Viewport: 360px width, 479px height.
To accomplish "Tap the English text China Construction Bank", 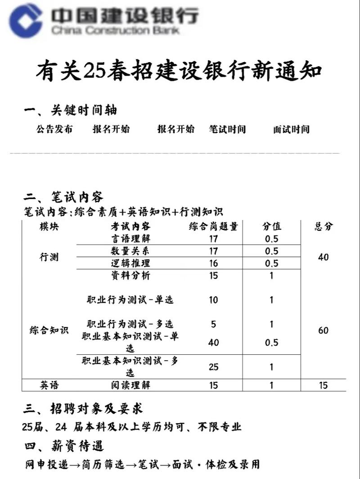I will pyautogui.click(x=115, y=31).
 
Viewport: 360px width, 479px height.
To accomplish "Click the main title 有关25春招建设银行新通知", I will pyautogui.click(x=179, y=71).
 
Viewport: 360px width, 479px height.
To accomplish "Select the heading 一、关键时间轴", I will pyautogui.click(x=71, y=110).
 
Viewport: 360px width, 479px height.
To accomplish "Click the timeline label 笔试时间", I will pyautogui.click(x=227, y=130).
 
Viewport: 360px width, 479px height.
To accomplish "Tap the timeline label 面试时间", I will pyautogui.click(x=291, y=130).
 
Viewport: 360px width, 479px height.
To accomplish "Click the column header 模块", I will pyautogui.click(x=49, y=226).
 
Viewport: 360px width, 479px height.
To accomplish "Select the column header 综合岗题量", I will pyautogui.click(x=213, y=226).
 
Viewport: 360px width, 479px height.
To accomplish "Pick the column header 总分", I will pyautogui.click(x=324, y=226).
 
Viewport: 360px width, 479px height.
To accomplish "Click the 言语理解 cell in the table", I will pyautogui.click(x=130, y=239).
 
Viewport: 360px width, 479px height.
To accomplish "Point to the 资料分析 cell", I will pyautogui.click(x=130, y=276).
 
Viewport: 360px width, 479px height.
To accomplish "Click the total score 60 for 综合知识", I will pyautogui.click(x=324, y=330).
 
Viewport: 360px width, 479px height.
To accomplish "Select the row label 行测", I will pyautogui.click(x=49, y=258).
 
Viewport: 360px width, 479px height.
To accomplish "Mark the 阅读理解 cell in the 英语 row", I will pyautogui.click(x=130, y=385).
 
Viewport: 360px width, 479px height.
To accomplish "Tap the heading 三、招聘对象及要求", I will pyautogui.click(x=83, y=409).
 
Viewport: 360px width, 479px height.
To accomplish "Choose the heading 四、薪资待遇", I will pyautogui.click(x=64, y=446).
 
